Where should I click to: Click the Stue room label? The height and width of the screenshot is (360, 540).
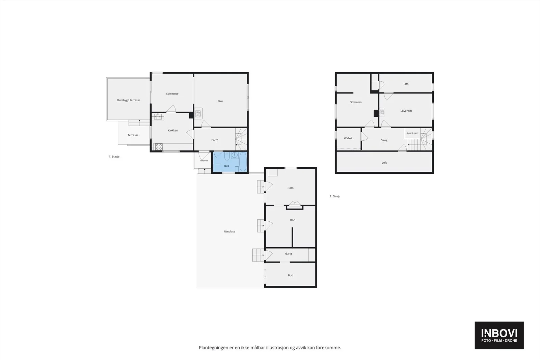click(220, 101)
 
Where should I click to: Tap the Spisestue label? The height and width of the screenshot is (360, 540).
click(172, 94)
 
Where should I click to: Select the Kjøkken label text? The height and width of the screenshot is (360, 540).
click(173, 130)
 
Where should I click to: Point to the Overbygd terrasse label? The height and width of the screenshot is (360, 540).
click(129, 100)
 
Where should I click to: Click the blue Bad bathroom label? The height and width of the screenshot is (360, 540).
click(226, 166)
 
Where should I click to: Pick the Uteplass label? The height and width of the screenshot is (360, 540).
click(230, 231)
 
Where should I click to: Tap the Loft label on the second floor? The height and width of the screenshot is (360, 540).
click(384, 163)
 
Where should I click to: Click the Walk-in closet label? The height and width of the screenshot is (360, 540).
click(349, 138)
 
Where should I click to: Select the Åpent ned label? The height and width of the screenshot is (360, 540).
click(412, 133)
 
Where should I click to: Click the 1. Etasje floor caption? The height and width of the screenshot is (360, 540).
click(114, 157)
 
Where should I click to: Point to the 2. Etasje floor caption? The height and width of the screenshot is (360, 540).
click(335, 196)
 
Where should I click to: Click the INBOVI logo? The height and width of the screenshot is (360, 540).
click(499, 335)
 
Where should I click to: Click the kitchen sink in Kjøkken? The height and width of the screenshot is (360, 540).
click(158, 117)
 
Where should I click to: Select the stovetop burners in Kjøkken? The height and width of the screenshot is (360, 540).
click(159, 147)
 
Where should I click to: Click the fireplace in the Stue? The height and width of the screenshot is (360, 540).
click(198, 113)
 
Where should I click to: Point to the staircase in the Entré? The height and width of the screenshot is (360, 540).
click(241, 139)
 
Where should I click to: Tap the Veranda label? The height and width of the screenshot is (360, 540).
click(204, 161)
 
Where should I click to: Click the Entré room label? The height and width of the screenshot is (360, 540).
click(215, 140)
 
